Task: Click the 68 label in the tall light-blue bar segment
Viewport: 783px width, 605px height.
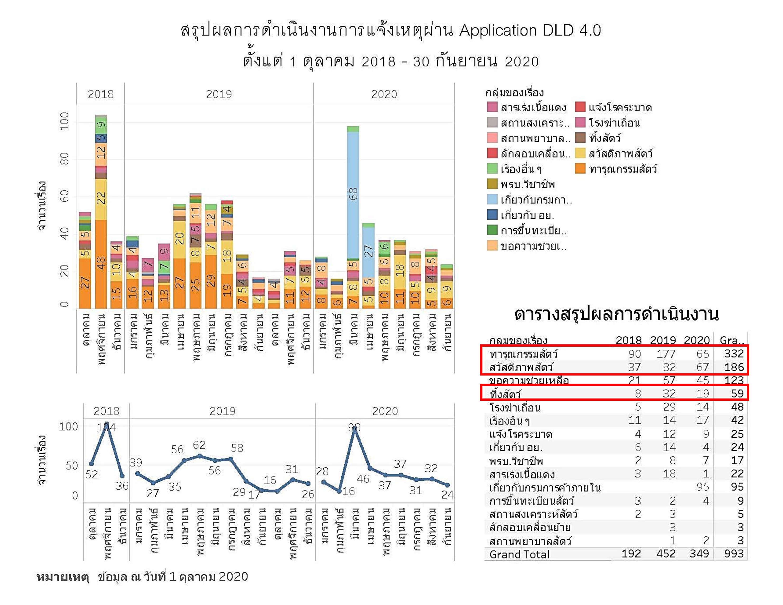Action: (353, 194)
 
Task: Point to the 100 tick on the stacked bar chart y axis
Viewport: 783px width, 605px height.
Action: (65, 121)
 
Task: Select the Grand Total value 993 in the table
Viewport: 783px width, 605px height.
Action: (733, 554)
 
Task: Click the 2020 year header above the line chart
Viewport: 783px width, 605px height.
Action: (385, 411)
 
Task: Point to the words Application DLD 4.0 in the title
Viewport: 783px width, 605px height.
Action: (530, 30)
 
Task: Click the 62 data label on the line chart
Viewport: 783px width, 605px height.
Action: (199, 445)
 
